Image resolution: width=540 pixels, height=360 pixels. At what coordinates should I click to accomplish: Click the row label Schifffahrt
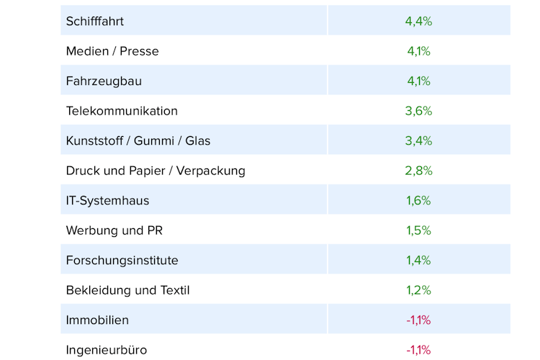pyautogui.click(x=95, y=21)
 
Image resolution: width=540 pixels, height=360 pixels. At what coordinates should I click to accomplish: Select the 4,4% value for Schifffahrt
pyautogui.click(x=418, y=21)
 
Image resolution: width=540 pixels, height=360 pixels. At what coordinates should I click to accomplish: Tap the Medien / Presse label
pyautogui.click(x=112, y=51)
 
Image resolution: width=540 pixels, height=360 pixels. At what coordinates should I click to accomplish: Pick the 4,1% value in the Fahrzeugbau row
pyautogui.click(x=418, y=81)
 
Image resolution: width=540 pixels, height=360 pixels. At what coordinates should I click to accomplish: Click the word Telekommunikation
pyautogui.click(x=122, y=111)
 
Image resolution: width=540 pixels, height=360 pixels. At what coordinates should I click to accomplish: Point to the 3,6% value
pyautogui.click(x=418, y=111)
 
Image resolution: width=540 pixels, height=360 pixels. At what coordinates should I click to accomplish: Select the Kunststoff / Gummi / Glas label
pyautogui.click(x=138, y=140)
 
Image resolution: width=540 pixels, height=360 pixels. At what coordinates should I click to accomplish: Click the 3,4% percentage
pyautogui.click(x=418, y=140)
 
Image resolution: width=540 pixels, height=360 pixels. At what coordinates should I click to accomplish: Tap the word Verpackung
pyautogui.click(x=212, y=171)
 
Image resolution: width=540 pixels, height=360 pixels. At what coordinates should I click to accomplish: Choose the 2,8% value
pyautogui.click(x=418, y=171)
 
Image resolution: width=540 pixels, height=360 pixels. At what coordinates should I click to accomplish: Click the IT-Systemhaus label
pyautogui.click(x=107, y=200)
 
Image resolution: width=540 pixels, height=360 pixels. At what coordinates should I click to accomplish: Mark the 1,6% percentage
pyautogui.click(x=418, y=200)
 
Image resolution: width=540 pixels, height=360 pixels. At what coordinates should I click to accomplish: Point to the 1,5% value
pyautogui.click(x=418, y=230)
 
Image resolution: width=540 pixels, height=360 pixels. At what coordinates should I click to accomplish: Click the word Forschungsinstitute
pyautogui.click(x=122, y=260)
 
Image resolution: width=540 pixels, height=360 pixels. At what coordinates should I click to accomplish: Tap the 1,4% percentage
pyautogui.click(x=418, y=260)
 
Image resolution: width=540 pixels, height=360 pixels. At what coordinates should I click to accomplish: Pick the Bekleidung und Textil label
pyautogui.click(x=127, y=290)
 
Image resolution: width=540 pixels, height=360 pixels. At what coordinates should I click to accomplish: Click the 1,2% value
pyautogui.click(x=418, y=290)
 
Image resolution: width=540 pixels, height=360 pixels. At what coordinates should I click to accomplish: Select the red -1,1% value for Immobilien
pyautogui.click(x=418, y=320)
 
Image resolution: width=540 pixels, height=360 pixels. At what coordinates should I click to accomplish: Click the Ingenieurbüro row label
pyautogui.click(x=107, y=350)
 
